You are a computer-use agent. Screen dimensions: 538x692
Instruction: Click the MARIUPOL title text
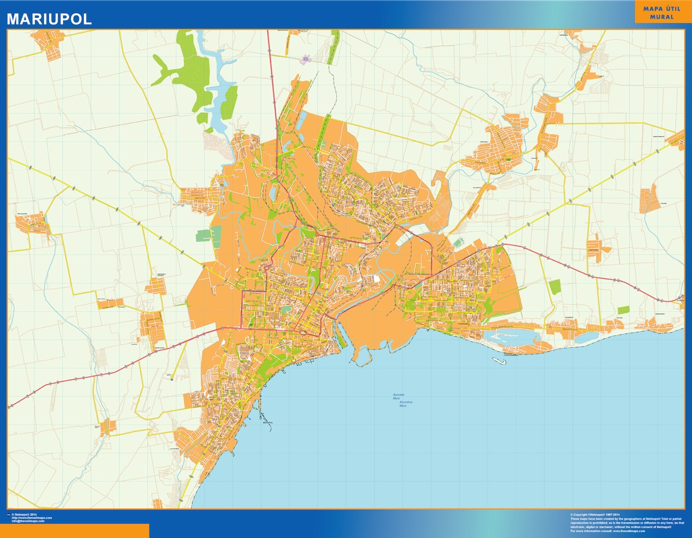pyautogui.click(x=49, y=19)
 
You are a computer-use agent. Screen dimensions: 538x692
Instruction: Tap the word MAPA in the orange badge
pyautogui.click(x=654, y=9)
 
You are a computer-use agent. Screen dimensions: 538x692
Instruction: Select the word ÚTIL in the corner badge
pyautogui.click(x=672, y=9)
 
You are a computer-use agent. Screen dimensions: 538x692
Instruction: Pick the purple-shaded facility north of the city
pyautogui.click(x=306, y=59)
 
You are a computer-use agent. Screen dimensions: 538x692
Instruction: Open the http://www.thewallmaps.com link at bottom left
pyautogui.click(x=32, y=518)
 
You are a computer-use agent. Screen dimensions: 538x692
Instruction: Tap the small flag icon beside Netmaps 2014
pyautogui.click(x=8, y=514)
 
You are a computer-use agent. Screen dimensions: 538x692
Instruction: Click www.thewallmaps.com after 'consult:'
pyautogui.click(x=629, y=531)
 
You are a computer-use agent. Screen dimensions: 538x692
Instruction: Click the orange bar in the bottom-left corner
pyautogui.click(x=74, y=531)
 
